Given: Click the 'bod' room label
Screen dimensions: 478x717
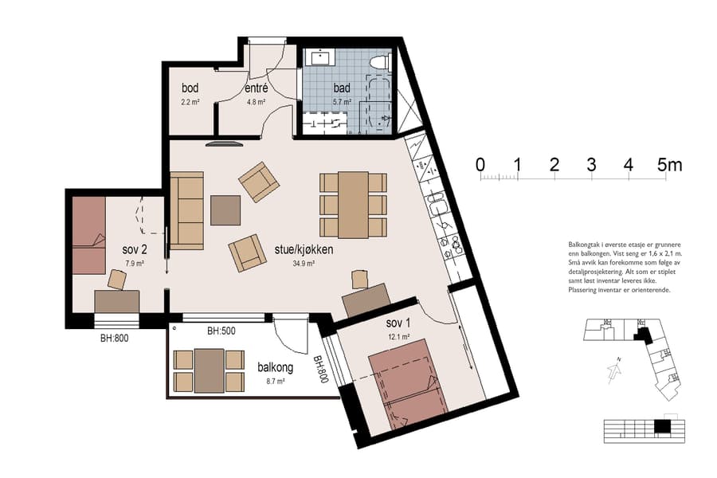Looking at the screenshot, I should pos(190,88).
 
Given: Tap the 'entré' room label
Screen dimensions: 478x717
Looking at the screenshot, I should pos(257,88).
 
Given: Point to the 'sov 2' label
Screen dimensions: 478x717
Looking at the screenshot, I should pos(134,249).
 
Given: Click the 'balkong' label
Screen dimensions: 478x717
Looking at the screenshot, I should pos(276,368).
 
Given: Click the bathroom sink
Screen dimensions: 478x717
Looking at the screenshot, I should pos(322,57).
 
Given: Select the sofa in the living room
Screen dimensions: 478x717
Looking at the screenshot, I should pos(186,210).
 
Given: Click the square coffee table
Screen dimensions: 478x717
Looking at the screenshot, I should pos(225,210).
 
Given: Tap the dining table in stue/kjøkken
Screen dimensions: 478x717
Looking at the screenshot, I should pos(353,205).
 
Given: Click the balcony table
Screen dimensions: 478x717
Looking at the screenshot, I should pos(209,370).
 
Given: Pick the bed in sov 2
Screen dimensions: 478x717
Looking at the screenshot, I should pos(88,235).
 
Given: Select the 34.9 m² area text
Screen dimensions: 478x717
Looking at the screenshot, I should pos(304,263).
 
